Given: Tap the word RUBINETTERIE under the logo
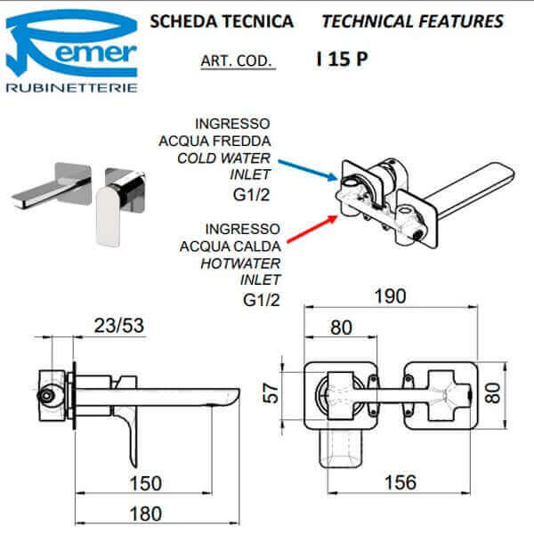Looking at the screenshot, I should pyautogui.click(x=71, y=88).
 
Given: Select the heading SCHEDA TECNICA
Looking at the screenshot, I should pyautogui.click(x=222, y=21).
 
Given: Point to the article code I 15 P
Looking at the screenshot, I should pyautogui.click(x=344, y=61).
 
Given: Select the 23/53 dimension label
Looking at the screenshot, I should pyautogui.click(x=119, y=327).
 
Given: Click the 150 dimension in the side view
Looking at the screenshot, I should pyautogui.click(x=143, y=483).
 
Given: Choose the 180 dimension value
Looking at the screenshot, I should pyautogui.click(x=143, y=514).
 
